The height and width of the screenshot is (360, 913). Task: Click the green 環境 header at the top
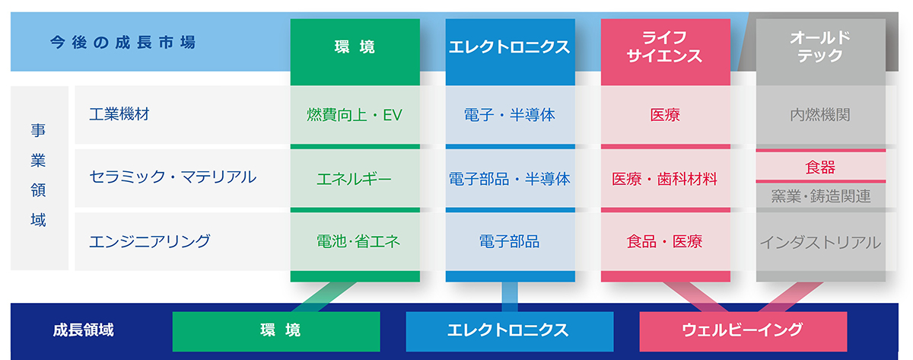[x=355, y=47]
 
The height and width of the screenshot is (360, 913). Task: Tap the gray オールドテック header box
[x=820, y=47]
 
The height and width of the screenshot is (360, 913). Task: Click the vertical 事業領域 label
[x=39, y=177]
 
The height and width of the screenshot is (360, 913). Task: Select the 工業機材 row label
[x=119, y=115]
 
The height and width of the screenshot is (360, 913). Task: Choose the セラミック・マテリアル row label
[x=173, y=177]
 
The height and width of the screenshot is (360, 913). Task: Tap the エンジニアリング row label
[x=149, y=241]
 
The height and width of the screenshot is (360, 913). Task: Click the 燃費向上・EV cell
[x=355, y=115]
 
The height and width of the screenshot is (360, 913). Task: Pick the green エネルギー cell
[x=355, y=179]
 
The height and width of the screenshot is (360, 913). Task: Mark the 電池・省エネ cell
[x=355, y=241]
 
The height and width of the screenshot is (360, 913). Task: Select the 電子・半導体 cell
[x=510, y=115]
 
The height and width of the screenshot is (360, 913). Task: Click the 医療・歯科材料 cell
[x=665, y=179]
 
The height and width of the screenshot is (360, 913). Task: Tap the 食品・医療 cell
[x=665, y=241]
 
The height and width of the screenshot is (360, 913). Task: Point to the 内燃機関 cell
[x=820, y=115]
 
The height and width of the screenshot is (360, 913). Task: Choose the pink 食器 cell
[x=820, y=167]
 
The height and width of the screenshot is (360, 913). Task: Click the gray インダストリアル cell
[x=820, y=242]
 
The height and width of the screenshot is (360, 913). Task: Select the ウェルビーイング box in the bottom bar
[x=743, y=330]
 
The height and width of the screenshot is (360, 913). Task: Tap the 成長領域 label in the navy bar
[x=84, y=330]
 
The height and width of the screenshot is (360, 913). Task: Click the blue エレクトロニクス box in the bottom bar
[x=509, y=330]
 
